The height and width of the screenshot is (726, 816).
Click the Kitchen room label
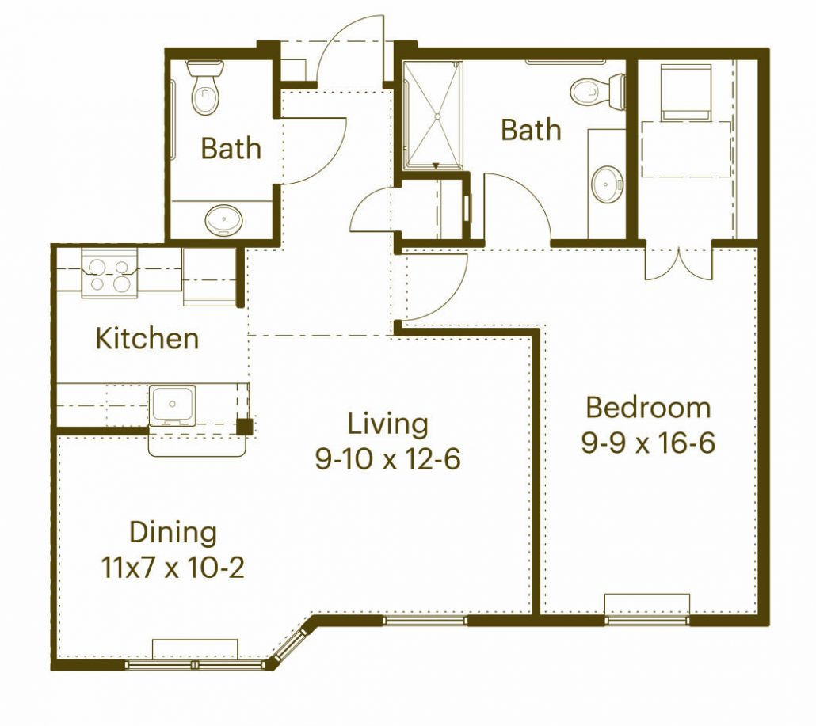[147, 338]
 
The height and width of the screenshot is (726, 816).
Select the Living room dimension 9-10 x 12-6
[387, 459]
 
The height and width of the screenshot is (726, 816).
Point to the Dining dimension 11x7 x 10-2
[172, 568]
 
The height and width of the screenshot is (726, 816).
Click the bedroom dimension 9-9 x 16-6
[648, 443]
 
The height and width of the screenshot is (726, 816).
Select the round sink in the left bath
[223, 220]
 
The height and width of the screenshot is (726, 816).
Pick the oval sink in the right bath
[607, 184]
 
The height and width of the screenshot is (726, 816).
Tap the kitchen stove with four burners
[110, 273]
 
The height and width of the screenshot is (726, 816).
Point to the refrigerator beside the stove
[209, 276]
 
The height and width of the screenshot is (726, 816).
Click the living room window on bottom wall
[425, 619]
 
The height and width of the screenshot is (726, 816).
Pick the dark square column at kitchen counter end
[245, 427]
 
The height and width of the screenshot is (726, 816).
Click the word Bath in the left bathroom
[231, 148]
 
